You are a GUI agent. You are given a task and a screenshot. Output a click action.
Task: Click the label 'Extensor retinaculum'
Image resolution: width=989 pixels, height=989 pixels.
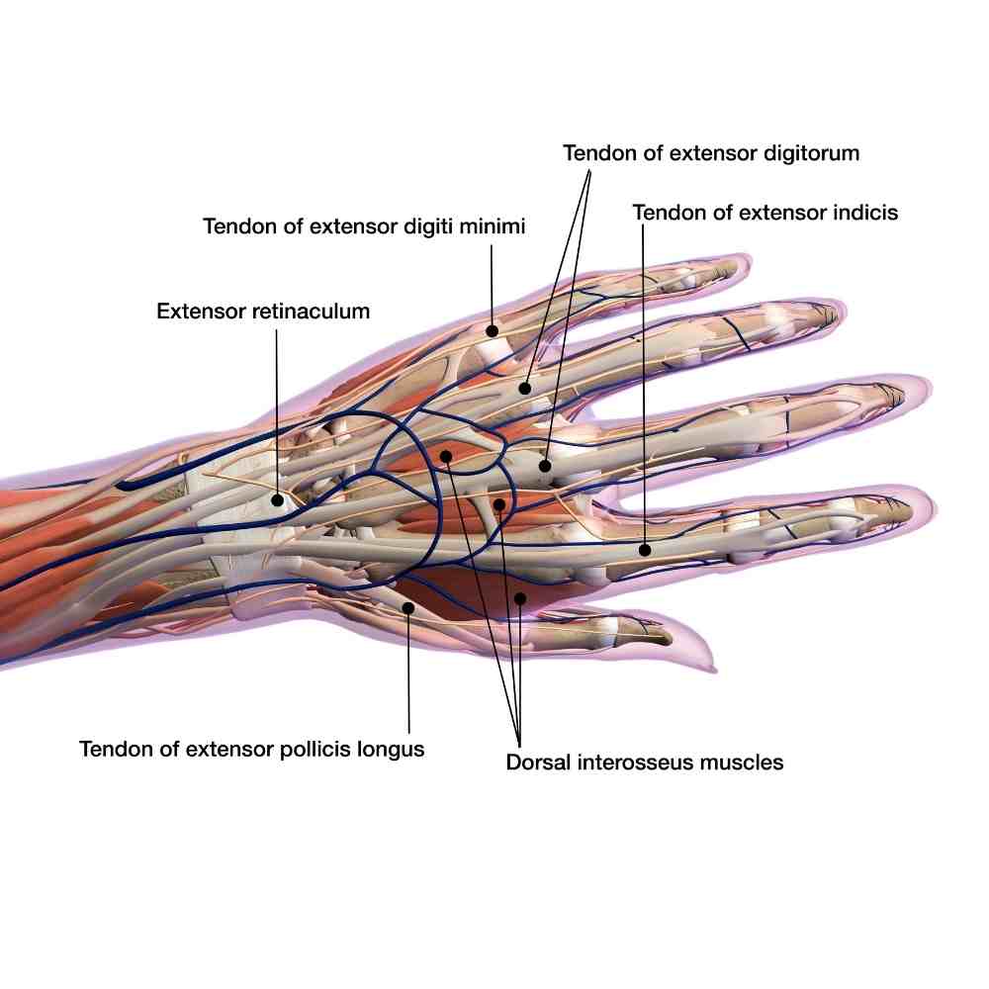[263, 312]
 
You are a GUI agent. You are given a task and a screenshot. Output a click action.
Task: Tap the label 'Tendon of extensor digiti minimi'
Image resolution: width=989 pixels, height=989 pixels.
[364, 226]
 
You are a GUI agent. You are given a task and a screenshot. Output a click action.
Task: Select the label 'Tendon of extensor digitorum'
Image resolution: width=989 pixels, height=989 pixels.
[711, 153]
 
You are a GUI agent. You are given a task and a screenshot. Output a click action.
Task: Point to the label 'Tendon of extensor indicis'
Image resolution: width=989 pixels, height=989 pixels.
[764, 213]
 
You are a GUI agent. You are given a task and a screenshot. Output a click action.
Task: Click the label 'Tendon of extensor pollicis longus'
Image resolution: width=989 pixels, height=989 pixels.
[252, 749]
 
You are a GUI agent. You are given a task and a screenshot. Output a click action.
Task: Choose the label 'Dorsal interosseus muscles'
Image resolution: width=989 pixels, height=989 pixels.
[645, 763]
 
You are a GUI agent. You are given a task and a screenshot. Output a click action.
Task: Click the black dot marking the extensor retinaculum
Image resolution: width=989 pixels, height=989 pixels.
[278, 500]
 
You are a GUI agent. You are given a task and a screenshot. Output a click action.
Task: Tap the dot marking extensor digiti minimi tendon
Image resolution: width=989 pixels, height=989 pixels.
[492, 328]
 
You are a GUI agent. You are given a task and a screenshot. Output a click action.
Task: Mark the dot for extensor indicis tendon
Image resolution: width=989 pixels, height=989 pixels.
[644, 549]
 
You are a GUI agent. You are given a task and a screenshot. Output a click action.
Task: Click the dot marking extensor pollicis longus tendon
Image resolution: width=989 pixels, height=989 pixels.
[408, 606]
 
